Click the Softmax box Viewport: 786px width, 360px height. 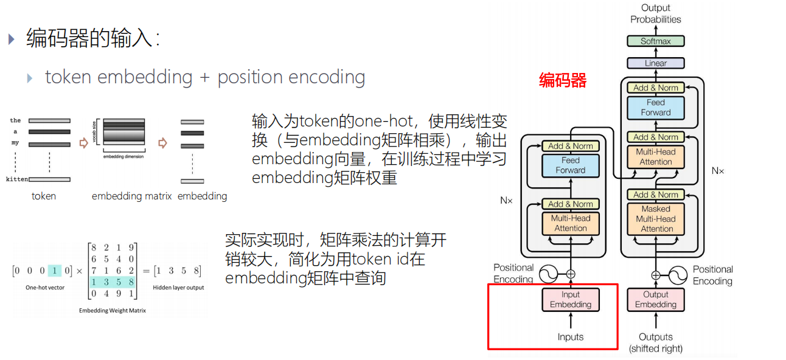click(655, 41)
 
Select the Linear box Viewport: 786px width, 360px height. click(655, 63)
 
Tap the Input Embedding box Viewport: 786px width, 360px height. click(571, 300)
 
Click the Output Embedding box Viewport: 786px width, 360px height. click(656, 300)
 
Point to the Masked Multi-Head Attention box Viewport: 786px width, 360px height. click(656, 219)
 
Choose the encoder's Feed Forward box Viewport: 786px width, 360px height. click(571, 165)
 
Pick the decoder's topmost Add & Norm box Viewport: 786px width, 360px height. click(656, 88)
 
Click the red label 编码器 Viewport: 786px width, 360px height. click(563, 80)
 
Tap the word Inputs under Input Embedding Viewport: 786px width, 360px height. click(571, 337)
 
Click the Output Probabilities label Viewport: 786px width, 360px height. click(656, 13)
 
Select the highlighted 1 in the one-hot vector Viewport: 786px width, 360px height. click(55, 271)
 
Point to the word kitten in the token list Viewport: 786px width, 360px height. click(16, 179)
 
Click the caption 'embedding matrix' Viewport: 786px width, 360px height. click(131, 196)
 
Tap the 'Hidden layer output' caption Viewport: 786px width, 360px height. click(179, 288)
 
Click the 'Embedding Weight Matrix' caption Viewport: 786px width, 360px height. click(112, 310)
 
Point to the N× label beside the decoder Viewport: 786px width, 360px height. click(718, 171)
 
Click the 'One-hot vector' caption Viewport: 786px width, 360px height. click(46, 288)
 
